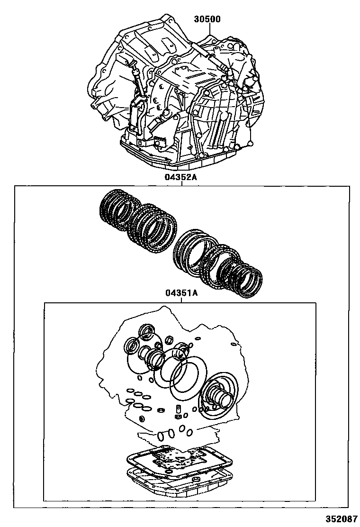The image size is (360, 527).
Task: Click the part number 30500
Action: (x=207, y=19)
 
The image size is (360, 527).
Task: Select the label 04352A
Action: (x=180, y=177)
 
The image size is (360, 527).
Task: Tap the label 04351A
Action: (x=181, y=293)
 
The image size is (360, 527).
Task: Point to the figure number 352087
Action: (x=340, y=518)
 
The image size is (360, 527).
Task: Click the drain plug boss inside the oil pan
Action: (x=196, y=479)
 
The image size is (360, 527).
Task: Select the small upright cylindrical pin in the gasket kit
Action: (x=178, y=409)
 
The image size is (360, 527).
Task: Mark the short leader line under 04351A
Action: (x=181, y=300)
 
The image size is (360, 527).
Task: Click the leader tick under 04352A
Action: (x=181, y=183)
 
